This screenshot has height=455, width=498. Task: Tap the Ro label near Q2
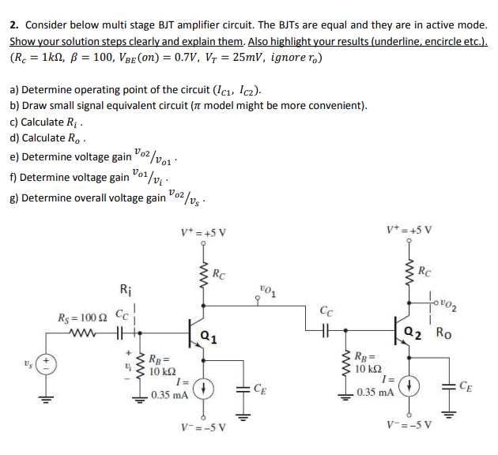click(x=445, y=333)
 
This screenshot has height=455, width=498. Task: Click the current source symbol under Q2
click(x=409, y=387)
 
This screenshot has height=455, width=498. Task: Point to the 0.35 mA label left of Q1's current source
click(x=168, y=393)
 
